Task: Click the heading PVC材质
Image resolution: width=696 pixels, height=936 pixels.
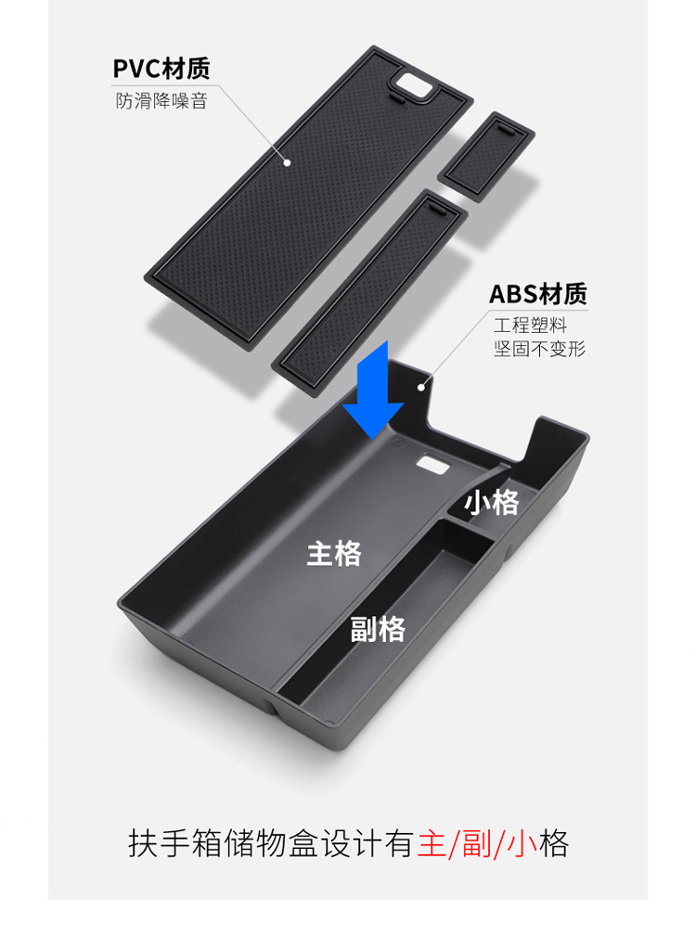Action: click(x=161, y=69)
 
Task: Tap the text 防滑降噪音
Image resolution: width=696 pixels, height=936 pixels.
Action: click(x=161, y=100)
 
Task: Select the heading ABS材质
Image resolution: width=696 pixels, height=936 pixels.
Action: click(x=538, y=294)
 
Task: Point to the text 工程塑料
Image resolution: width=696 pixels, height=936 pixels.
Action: click(x=530, y=325)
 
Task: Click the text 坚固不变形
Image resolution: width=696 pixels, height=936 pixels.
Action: click(x=540, y=349)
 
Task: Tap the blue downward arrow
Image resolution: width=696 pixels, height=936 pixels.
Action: click(x=372, y=391)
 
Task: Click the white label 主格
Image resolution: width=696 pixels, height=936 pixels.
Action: click(x=334, y=554)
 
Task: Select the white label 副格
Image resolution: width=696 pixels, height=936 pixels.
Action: click(x=378, y=629)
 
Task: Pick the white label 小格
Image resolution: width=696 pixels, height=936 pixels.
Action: click(x=492, y=502)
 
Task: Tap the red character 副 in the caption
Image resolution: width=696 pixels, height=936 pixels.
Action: click(x=478, y=844)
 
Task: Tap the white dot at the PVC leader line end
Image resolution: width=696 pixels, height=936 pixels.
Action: click(x=288, y=162)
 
